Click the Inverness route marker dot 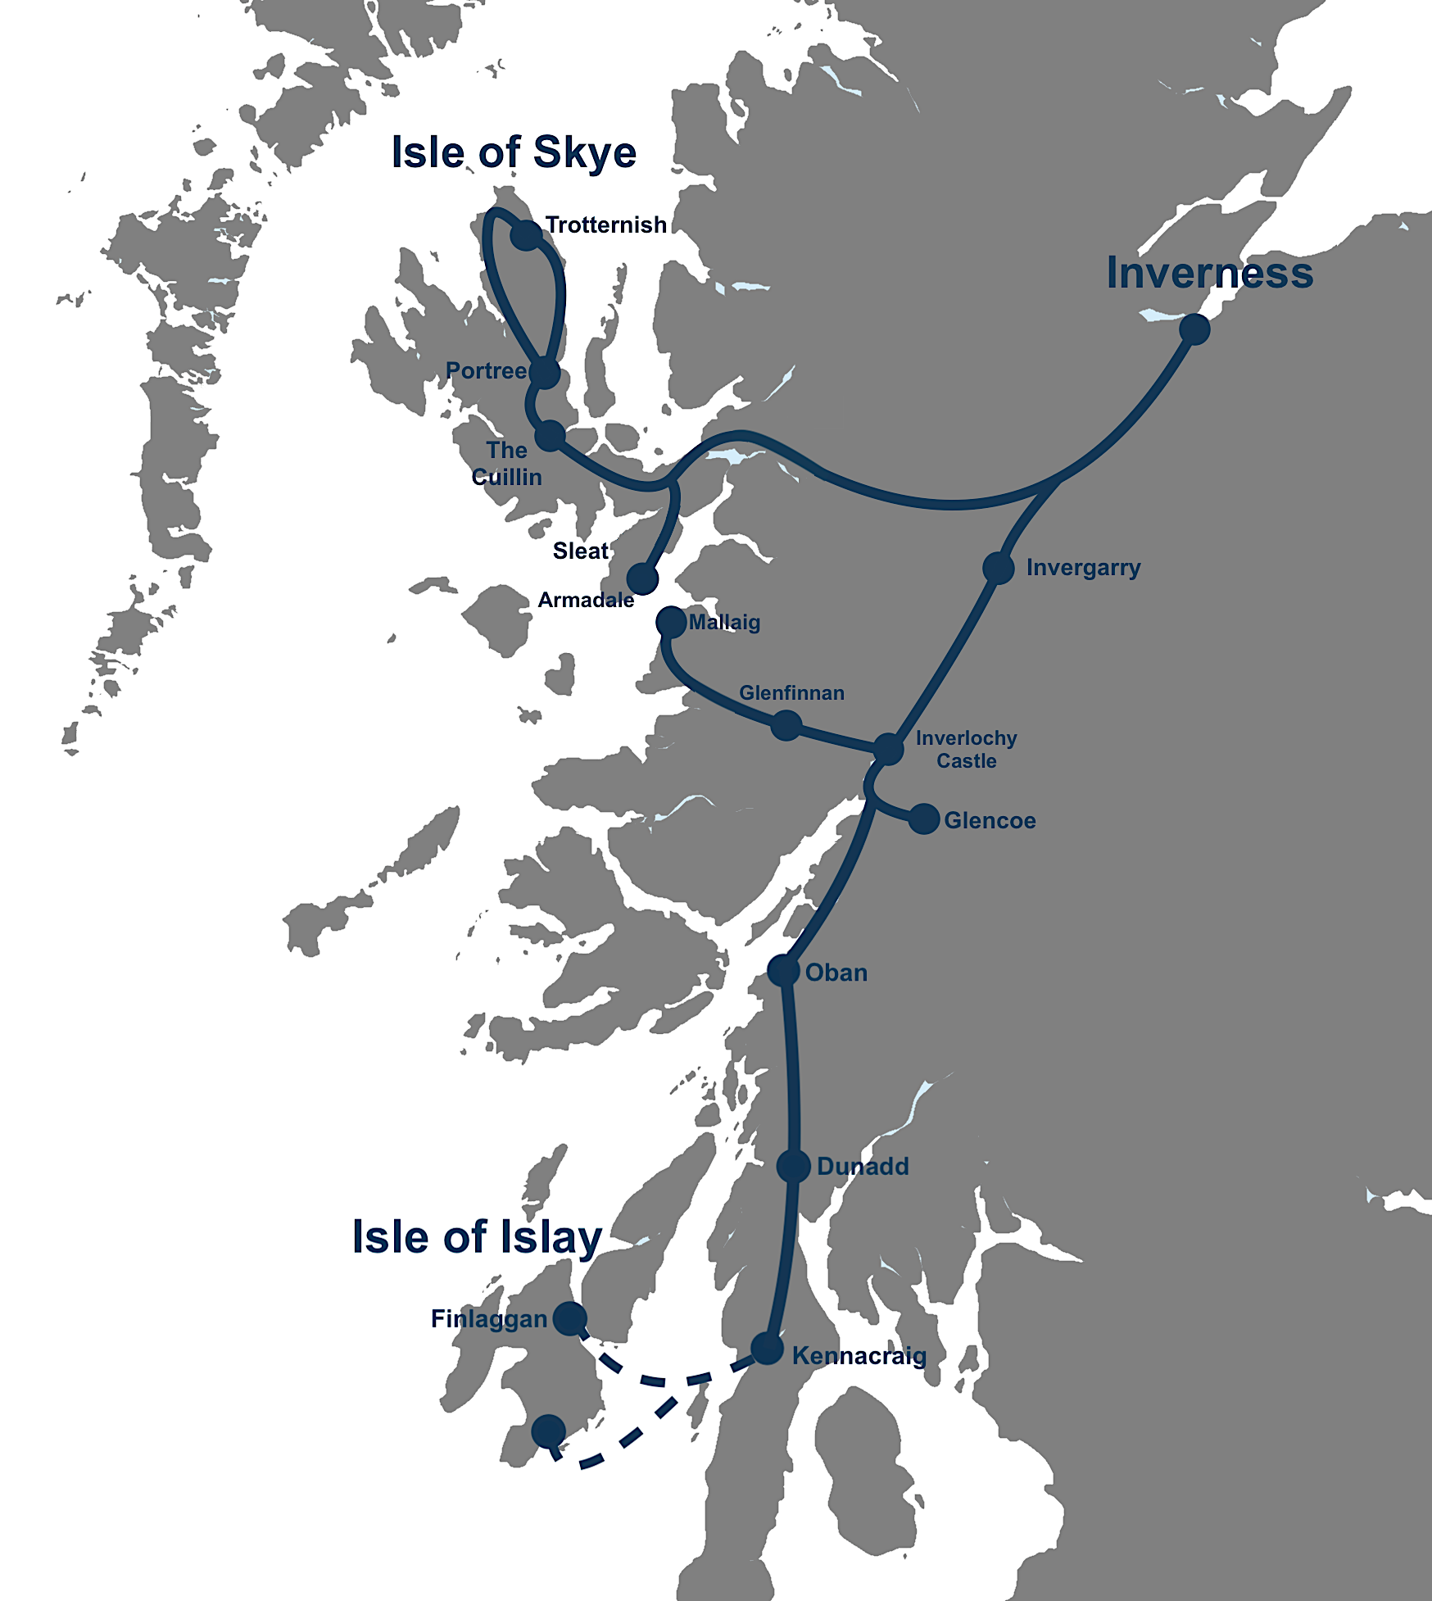(1194, 329)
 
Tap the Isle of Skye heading (514, 152)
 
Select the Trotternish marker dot (526, 235)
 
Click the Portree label (486, 371)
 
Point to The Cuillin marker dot (550, 436)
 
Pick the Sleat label (580, 551)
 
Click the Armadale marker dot (642, 578)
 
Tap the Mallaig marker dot (671, 622)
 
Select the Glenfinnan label (791, 693)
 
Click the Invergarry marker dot (998, 568)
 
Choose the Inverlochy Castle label (967, 750)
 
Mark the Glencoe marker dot (924, 819)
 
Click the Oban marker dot (783, 971)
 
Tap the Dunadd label (863, 1167)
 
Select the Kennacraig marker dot (767, 1349)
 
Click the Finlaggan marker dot (569, 1318)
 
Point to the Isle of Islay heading (477, 1237)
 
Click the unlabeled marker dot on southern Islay (548, 1431)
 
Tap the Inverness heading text (1209, 273)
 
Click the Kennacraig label (859, 1356)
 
